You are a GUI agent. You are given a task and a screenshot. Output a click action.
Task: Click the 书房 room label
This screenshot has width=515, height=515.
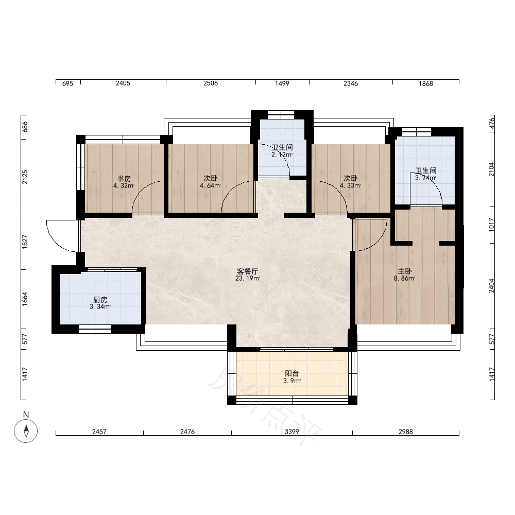[124, 179]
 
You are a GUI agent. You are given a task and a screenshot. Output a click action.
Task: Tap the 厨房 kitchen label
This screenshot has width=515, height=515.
[100, 300]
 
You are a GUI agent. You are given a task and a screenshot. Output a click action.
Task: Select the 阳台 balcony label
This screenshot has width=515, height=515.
[292, 373]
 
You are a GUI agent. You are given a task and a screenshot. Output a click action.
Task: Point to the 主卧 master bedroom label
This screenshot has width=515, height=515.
[405, 271]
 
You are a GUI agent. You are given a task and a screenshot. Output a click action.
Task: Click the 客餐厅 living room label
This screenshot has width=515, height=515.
[248, 271]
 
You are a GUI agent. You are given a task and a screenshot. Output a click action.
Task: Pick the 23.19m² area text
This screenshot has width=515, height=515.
[248, 279]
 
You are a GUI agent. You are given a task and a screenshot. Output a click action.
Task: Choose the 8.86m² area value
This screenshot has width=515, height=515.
[405, 278]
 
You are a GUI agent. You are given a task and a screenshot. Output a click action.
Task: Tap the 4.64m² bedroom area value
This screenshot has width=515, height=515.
[211, 185]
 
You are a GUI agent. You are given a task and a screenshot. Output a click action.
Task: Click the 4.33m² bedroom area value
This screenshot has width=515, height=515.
[350, 185]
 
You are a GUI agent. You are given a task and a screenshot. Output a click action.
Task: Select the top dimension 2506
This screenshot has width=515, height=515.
[211, 83]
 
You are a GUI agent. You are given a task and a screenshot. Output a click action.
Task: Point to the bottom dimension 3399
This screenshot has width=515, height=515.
[292, 432]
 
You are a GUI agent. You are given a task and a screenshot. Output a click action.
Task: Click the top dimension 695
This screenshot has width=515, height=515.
[67, 83]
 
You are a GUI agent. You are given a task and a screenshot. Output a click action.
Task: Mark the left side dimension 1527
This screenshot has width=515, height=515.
[25, 242]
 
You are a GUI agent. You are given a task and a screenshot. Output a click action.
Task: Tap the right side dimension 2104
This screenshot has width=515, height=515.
[491, 169]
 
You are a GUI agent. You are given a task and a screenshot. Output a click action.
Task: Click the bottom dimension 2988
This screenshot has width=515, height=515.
[406, 432]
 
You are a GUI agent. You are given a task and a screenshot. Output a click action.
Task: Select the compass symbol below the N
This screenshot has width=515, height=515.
[26, 431]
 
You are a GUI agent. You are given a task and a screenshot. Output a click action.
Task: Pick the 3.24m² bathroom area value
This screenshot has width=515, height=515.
[426, 178]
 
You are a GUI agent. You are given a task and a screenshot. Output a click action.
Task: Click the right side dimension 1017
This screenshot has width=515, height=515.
[491, 225]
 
